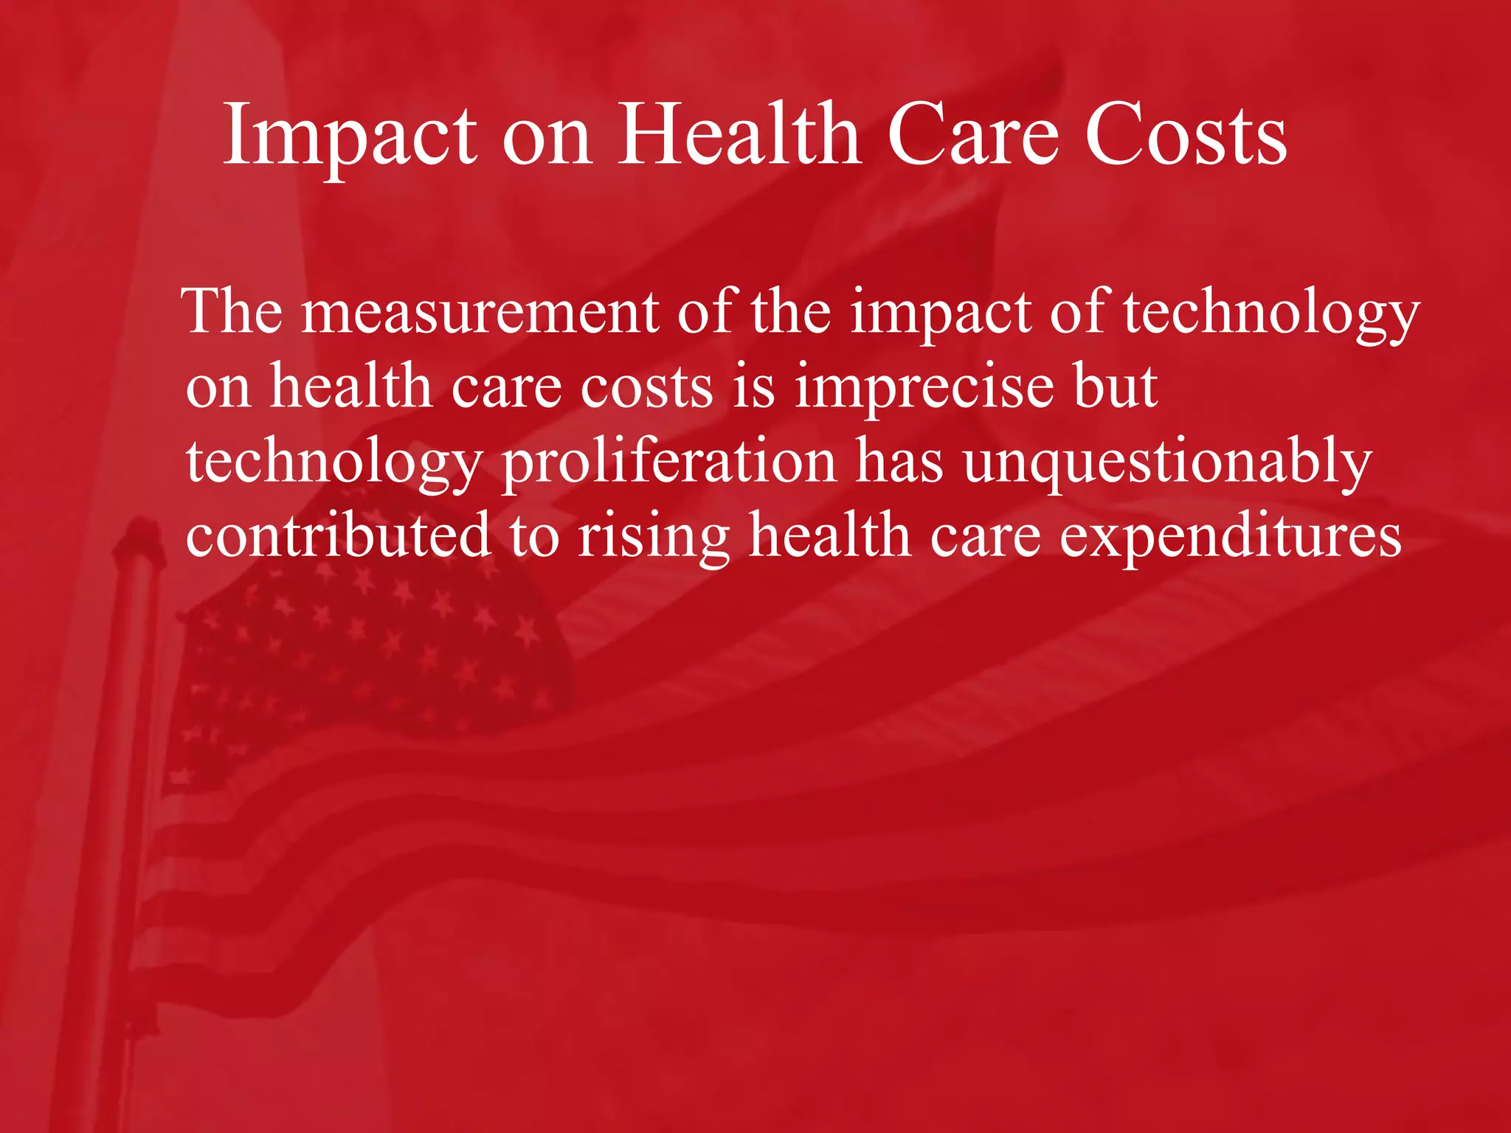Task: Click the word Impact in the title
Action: pyautogui.click(x=350, y=136)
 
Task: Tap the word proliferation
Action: pyautogui.click(x=668, y=462)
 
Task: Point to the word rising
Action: pyautogui.click(x=654, y=536)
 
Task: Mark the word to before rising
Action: pyautogui.click(x=533, y=536)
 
